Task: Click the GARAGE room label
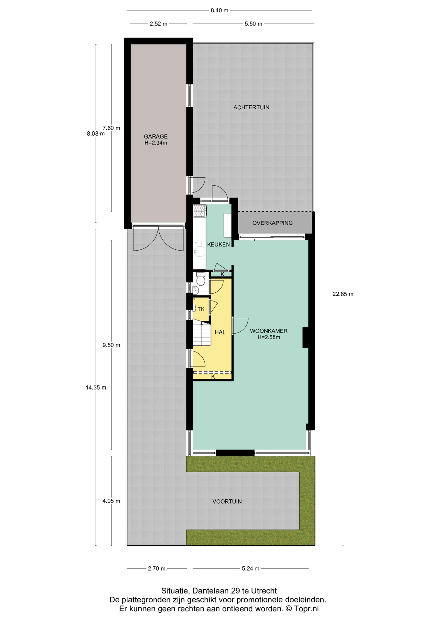click(155, 136)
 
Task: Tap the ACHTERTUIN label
click(251, 107)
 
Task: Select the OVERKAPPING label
click(272, 223)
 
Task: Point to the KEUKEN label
click(219, 245)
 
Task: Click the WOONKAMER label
click(269, 331)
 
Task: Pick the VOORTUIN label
click(227, 501)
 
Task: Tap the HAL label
click(220, 332)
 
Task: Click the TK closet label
click(201, 309)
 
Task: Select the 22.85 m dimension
click(343, 294)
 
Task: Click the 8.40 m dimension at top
click(219, 10)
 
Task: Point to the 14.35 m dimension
click(96, 387)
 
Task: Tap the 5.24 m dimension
click(251, 568)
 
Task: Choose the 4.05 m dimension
click(111, 501)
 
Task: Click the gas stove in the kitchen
click(199, 211)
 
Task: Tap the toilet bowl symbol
click(201, 279)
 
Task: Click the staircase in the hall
click(202, 332)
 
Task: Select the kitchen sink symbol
click(199, 251)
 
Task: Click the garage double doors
click(158, 238)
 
